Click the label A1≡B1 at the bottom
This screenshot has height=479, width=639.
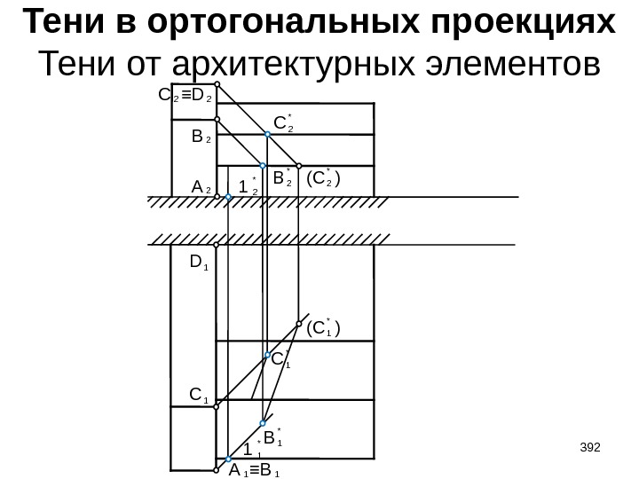255,470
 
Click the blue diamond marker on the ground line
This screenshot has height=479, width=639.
228,200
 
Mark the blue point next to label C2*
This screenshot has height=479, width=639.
270,135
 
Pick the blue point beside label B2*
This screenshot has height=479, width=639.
263,166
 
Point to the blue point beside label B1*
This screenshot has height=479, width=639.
264,424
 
